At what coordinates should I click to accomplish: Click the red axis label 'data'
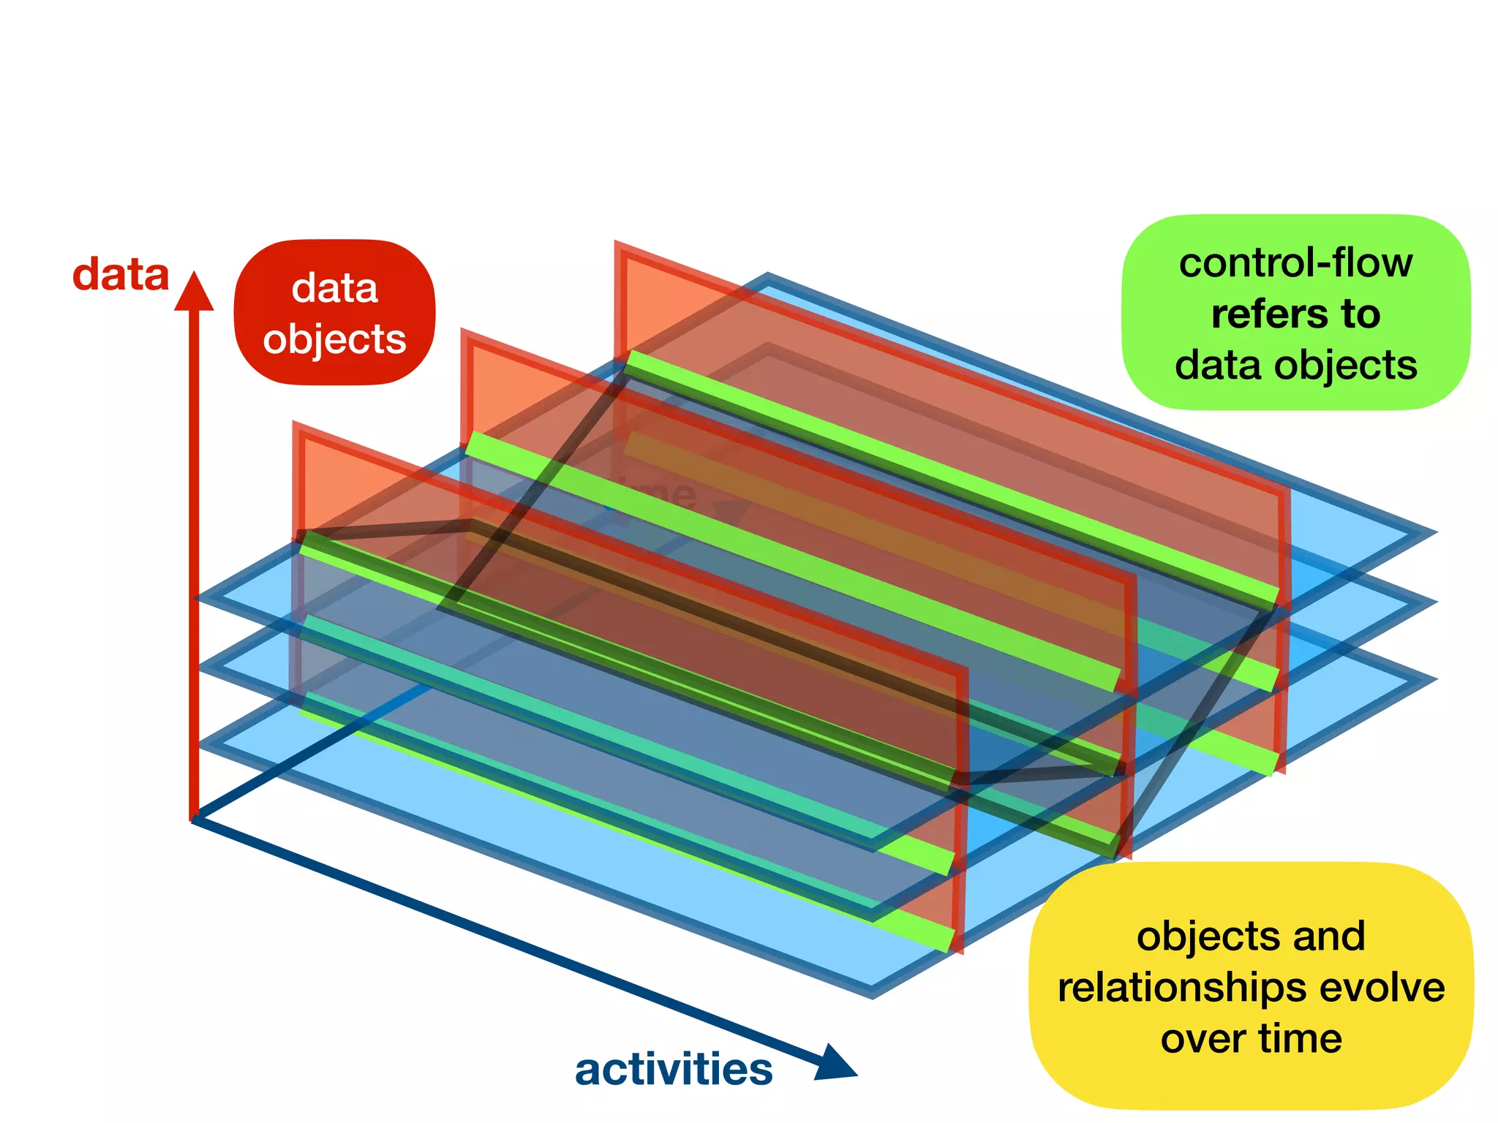click(121, 275)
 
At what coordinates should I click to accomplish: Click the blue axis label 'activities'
click(674, 1069)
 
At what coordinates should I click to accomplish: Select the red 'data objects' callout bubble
click(334, 312)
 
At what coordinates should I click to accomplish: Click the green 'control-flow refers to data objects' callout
click(1295, 312)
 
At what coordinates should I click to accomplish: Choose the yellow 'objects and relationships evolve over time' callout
click(1251, 986)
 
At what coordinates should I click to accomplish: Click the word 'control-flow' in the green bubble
click(1295, 262)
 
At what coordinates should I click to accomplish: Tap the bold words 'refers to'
click(1295, 314)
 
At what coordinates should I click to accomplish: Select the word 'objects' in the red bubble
click(334, 339)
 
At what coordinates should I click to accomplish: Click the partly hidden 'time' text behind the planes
click(658, 494)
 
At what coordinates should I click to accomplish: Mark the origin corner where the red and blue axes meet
click(194, 819)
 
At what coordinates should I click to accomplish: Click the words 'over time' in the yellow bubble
click(1251, 1039)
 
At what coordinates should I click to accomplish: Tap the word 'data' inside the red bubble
click(334, 288)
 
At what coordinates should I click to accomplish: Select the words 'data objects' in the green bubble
click(1295, 365)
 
